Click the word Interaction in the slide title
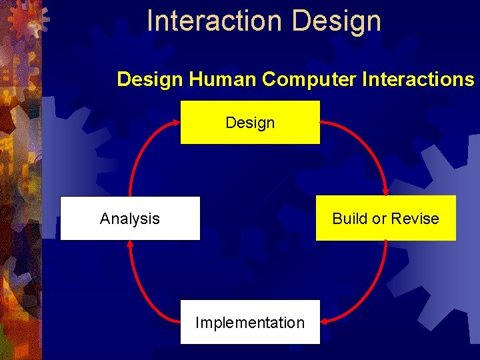point(215,21)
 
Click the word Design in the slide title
point(337,21)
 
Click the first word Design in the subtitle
point(150,79)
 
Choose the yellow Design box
point(250,122)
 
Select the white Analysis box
point(130,218)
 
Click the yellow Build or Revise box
point(385,218)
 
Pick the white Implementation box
point(250,322)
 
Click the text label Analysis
point(130,219)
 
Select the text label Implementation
point(250,323)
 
